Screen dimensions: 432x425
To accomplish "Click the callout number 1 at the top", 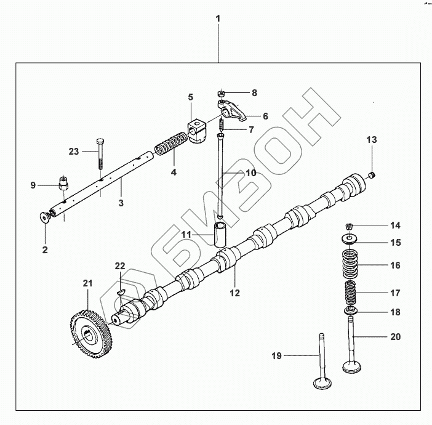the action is [218, 19].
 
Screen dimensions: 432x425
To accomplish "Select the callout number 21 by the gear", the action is [87, 283].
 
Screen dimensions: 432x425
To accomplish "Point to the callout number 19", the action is [277, 355].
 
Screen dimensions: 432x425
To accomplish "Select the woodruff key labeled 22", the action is [121, 287].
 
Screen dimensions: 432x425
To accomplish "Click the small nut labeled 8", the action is [220, 94].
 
